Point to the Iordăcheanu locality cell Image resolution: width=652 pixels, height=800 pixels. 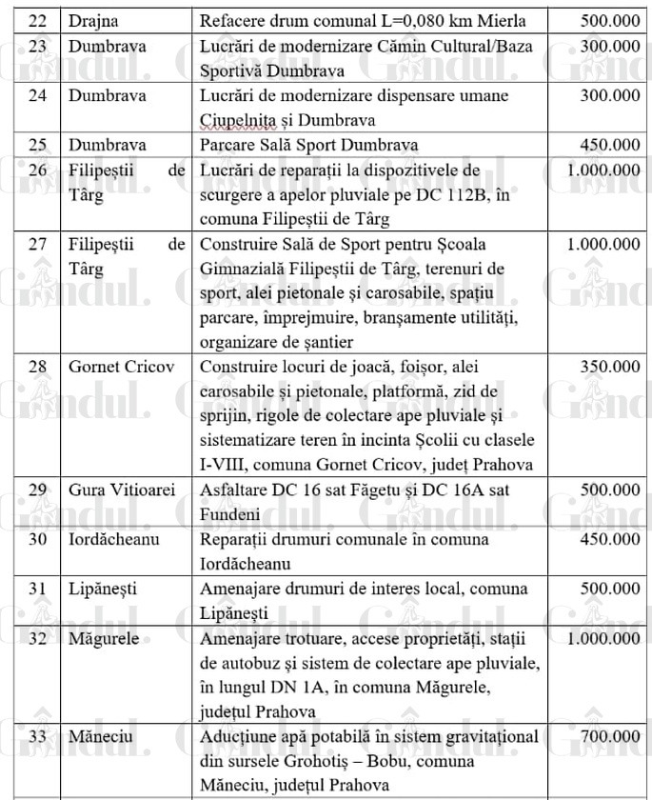click(x=113, y=539)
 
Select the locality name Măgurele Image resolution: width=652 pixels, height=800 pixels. click(x=104, y=638)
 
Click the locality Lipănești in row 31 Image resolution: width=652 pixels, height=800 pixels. click(x=103, y=588)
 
